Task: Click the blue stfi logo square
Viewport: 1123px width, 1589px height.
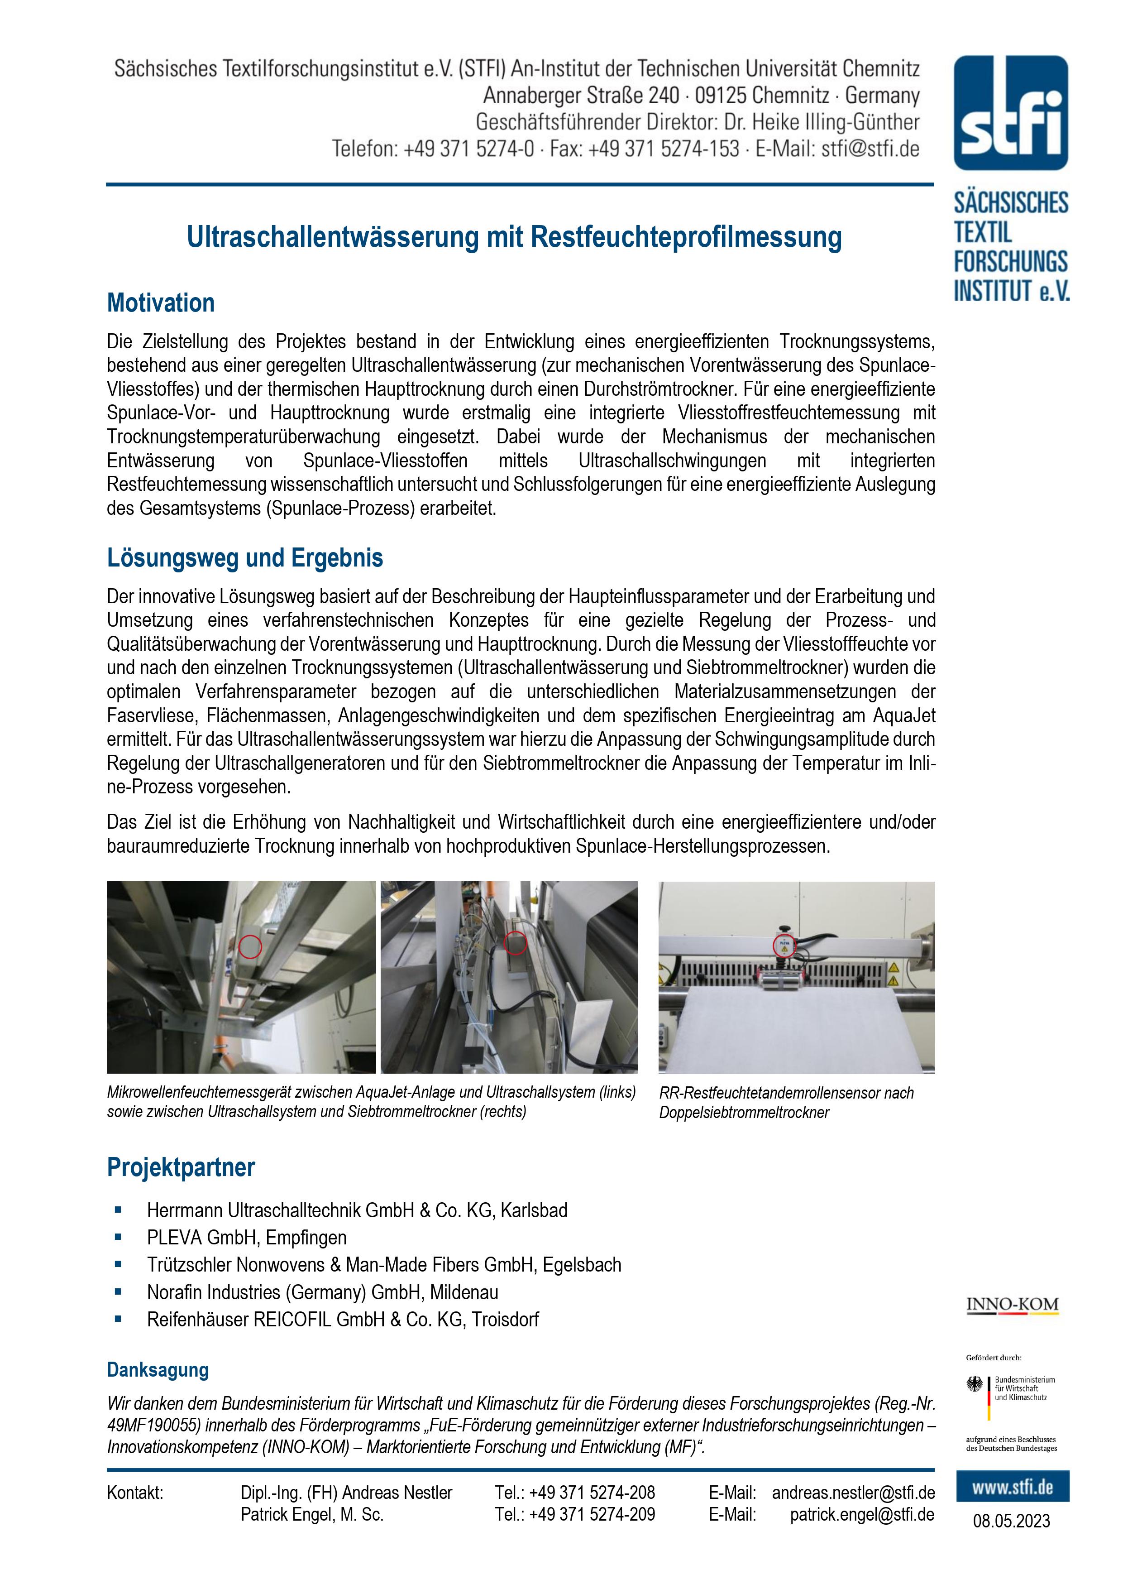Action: coord(1010,113)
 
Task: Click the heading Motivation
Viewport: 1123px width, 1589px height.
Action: coord(161,303)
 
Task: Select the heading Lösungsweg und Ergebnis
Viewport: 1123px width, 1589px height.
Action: coord(245,558)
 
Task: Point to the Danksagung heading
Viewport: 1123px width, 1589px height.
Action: coord(158,1370)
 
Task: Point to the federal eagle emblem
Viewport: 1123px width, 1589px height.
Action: coord(975,1385)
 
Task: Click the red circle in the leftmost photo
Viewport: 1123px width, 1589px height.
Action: coord(250,946)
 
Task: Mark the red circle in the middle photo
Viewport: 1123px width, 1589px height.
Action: coord(515,942)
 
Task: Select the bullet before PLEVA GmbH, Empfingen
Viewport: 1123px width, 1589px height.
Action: coord(118,1237)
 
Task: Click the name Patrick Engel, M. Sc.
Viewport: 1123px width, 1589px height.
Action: coord(311,1514)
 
